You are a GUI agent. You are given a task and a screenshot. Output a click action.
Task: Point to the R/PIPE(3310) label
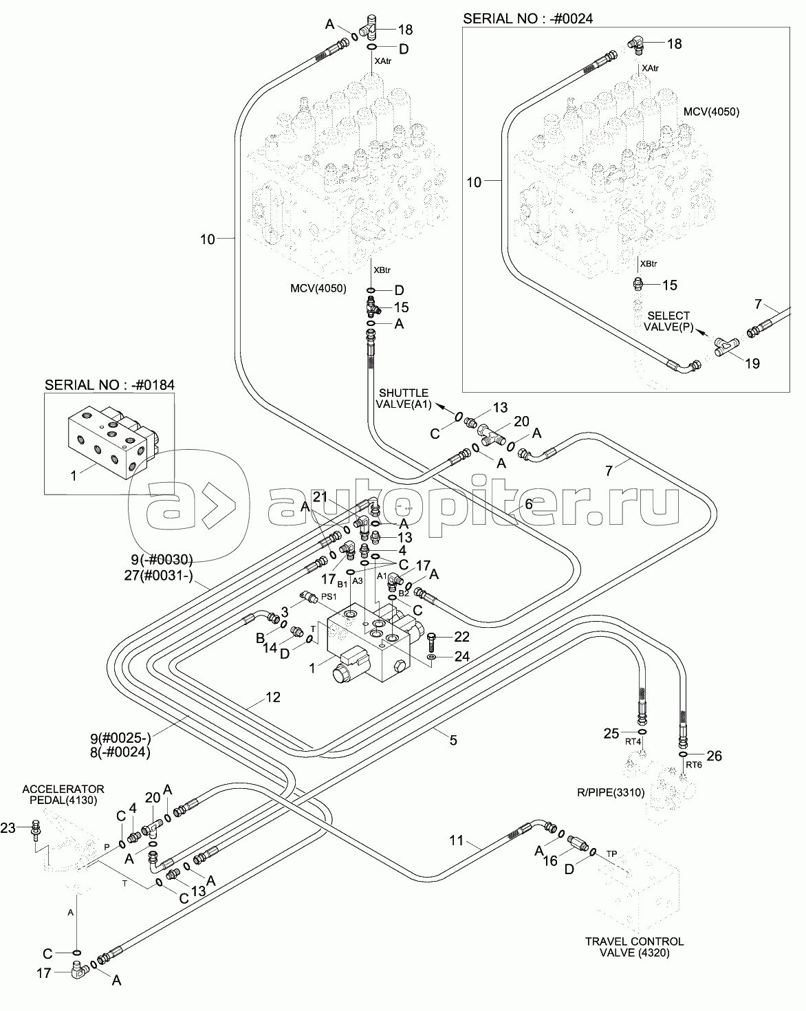point(610,792)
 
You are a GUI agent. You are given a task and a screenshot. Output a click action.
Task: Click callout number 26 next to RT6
point(714,757)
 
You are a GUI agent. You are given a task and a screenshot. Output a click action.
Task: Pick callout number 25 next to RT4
point(612,733)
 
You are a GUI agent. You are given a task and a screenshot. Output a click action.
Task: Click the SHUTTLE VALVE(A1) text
point(402,398)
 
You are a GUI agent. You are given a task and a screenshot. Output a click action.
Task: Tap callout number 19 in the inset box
point(752,364)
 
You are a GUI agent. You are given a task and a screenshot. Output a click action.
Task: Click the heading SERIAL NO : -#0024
point(527,19)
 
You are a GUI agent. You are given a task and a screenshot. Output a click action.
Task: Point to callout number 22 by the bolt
point(461,638)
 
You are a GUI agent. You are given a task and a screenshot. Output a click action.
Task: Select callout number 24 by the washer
point(461,657)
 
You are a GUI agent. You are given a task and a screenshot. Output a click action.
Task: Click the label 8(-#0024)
point(124,752)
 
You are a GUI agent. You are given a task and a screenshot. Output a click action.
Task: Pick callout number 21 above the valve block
point(320,498)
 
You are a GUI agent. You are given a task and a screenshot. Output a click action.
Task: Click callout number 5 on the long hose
point(453,740)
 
